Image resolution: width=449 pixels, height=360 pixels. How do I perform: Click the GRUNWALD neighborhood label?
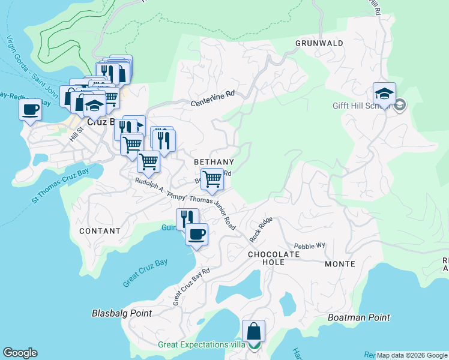(319, 43)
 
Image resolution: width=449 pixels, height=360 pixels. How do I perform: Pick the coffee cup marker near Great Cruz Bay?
(196, 235)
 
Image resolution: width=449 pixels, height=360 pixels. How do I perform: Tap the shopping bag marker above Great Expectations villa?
(253, 331)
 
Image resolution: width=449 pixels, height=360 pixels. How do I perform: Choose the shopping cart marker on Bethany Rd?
(212, 179)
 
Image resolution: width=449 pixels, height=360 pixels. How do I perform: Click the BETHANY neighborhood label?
(214, 162)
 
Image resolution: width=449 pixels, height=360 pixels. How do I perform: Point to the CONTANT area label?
(100, 230)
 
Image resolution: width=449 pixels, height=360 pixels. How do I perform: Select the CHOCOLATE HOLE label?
(274, 254)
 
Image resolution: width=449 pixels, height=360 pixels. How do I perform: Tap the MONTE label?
(340, 264)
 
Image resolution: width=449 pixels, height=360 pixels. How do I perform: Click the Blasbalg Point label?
(122, 313)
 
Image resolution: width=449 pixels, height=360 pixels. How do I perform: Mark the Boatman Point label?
(359, 317)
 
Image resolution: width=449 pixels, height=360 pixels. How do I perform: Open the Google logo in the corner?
(20, 353)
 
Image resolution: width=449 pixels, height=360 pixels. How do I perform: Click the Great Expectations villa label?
(201, 345)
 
